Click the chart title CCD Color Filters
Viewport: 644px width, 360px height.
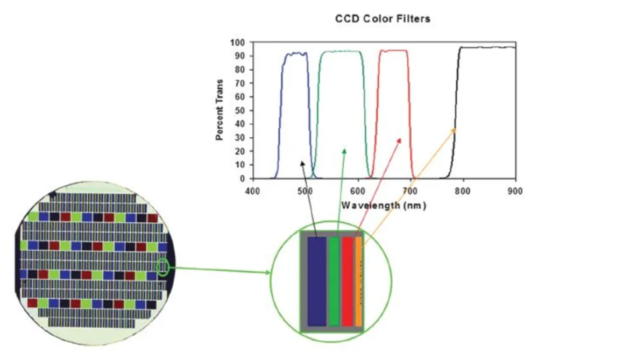[383, 19]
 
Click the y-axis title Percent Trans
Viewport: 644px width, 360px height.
[220, 110]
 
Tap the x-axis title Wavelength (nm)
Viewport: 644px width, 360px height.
[384, 205]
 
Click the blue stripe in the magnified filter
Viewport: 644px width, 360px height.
[317, 281]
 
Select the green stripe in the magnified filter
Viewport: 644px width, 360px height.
[334, 281]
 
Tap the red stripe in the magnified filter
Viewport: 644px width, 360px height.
[348, 281]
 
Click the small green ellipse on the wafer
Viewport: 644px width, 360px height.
[164, 267]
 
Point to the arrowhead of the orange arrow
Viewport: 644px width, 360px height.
[454, 130]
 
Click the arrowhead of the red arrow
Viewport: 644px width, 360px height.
[400, 139]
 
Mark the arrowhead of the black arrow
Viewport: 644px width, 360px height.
[302, 162]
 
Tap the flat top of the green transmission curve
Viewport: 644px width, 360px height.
[341, 52]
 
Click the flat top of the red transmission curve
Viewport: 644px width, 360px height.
[393, 51]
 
